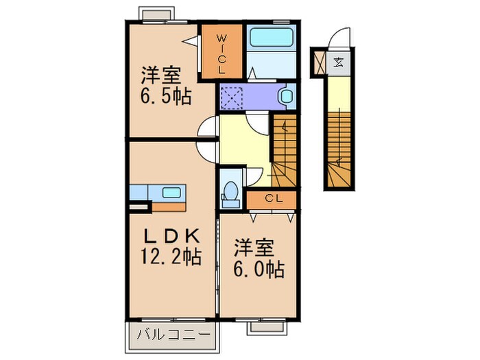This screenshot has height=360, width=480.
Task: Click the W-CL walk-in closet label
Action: tap(221, 53)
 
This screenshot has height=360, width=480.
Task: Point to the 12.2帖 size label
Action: tap(171, 258)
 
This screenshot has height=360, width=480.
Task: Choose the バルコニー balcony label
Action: tap(171, 336)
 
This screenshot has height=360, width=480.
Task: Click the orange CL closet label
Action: tap(272, 200)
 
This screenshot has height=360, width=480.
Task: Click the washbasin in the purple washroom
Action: tap(286, 96)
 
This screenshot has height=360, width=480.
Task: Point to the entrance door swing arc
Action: tap(341, 38)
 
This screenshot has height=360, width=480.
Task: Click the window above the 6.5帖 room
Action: tap(157, 13)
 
